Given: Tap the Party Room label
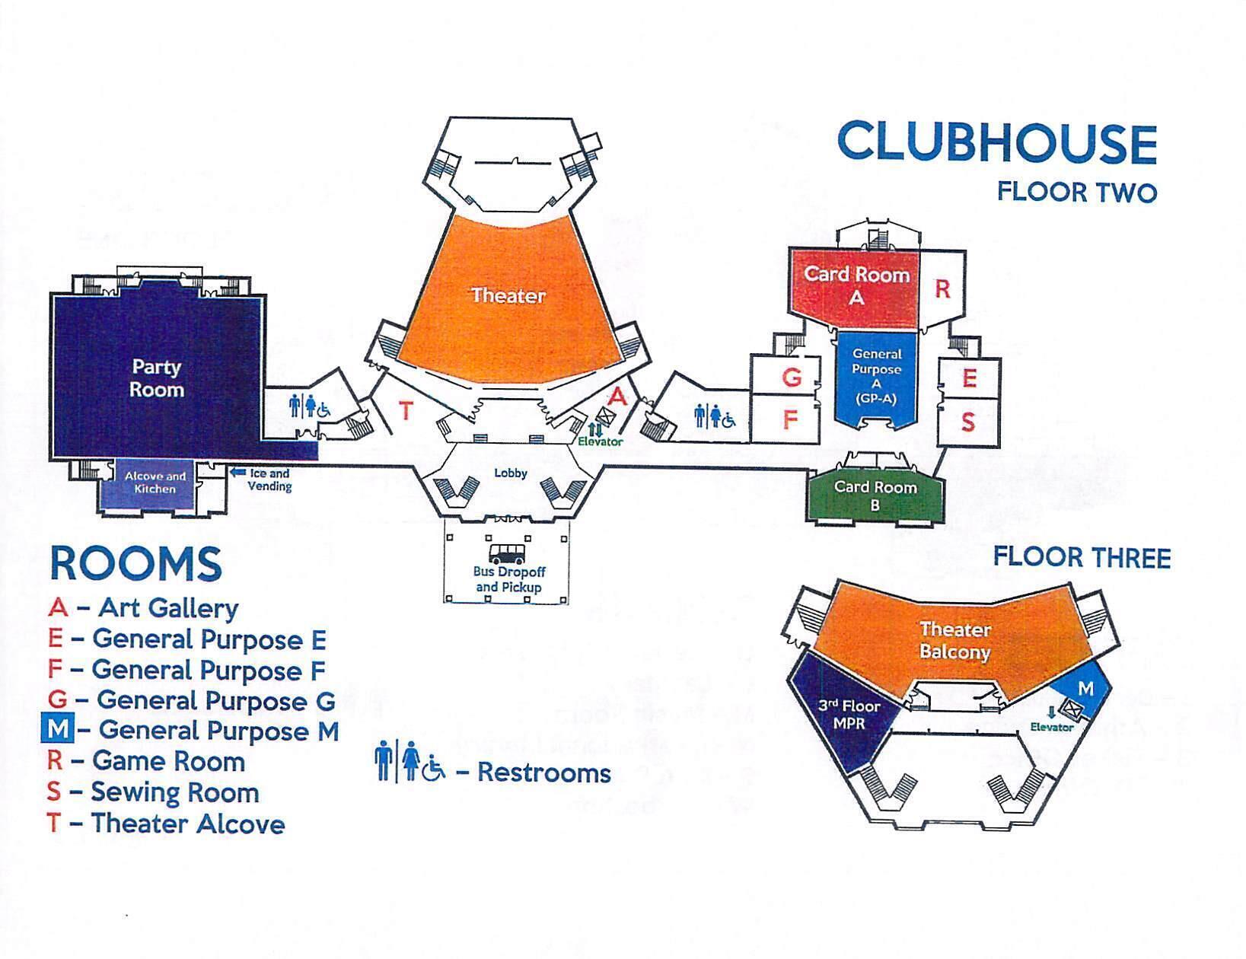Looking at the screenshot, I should tap(156, 378).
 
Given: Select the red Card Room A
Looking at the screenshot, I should tap(856, 285).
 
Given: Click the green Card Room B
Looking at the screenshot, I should tap(875, 495).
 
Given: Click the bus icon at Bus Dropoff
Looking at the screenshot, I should tap(508, 553).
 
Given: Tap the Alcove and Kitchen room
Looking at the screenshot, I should tap(155, 483).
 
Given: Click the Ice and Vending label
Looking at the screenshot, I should tap(269, 479).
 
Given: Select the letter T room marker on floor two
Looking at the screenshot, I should tap(406, 411).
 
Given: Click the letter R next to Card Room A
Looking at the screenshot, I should tap(942, 289).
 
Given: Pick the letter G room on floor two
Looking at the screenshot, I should tap(792, 377).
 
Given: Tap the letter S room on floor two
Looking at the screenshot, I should tap(967, 422).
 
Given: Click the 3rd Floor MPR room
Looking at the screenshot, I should tap(849, 714).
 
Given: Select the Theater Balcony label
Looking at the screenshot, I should tap(954, 640).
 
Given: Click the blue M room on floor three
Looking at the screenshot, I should tap(1085, 688).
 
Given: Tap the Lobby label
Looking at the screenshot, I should tap(510, 473).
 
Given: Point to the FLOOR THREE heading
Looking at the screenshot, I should tap(1081, 558).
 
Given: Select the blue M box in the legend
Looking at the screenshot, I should tap(57, 730).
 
